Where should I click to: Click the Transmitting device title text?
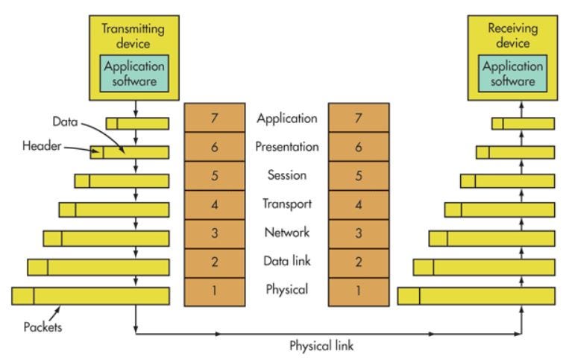(x=133, y=36)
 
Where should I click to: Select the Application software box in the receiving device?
(x=512, y=73)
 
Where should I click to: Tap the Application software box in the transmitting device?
(x=134, y=73)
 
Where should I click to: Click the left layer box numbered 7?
(x=215, y=118)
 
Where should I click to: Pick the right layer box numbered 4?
(x=359, y=205)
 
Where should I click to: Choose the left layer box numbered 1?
(x=215, y=291)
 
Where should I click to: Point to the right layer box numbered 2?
(x=359, y=263)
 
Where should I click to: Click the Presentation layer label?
(x=286, y=147)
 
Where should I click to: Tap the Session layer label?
(x=286, y=175)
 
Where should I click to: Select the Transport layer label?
(x=287, y=204)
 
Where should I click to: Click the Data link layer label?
(x=287, y=261)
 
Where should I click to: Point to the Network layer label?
(x=287, y=233)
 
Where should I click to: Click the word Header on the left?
(x=42, y=146)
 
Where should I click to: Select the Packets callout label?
(x=43, y=326)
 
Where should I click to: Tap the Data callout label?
(x=65, y=121)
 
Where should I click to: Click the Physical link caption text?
(x=321, y=345)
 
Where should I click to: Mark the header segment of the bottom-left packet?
(x=22, y=296)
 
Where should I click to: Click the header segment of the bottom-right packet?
(x=409, y=296)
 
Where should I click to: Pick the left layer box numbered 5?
(x=215, y=175)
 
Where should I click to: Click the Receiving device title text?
(x=512, y=35)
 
